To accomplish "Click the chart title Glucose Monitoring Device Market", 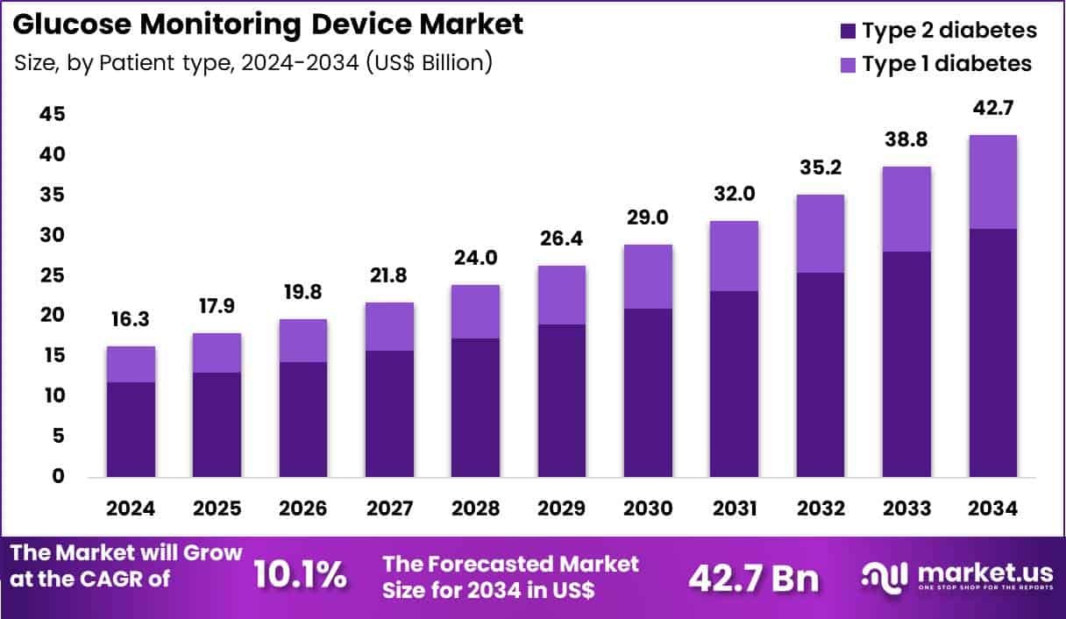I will pyautogui.click(x=268, y=25).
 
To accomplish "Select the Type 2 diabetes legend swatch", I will pyautogui.click(x=848, y=31).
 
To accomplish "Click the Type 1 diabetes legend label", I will pyautogui.click(x=947, y=64).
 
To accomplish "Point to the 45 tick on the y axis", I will pyautogui.click(x=52, y=115).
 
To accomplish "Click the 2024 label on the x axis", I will pyautogui.click(x=130, y=509).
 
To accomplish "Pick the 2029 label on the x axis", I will pyautogui.click(x=561, y=509).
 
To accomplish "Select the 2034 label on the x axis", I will pyautogui.click(x=992, y=509).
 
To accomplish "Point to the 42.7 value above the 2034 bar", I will pyautogui.click(x=992, y=109).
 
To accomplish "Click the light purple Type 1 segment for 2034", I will pyautogui.click(x=992, y=181).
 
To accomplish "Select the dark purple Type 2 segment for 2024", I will pyautogui.click(x=130, y=430).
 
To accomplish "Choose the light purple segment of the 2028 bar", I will pyautogui.click(x=475, y=311).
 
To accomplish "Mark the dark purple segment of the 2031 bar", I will pyautogui.click(x=734, y=384).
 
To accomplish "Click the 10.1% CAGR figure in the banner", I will pyautogui.click(x=300, y=576).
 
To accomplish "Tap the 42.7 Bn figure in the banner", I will pyautogui.click(x=753, y=578).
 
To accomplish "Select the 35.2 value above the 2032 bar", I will pyautogui.click(x=820, y=167).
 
